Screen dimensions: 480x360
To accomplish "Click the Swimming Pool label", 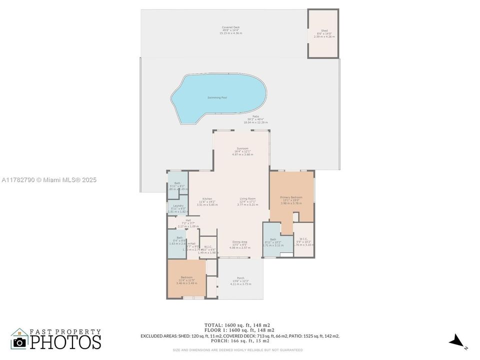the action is (217, 97).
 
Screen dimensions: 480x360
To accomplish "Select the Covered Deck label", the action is (230, 27).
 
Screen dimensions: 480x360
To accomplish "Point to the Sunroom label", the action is (242, 148).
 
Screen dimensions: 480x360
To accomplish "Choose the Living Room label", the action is (247, 199).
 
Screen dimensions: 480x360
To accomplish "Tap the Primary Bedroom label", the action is (291, 197).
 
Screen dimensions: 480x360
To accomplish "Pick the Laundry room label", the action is (177, 205).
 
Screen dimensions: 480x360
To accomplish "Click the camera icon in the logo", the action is (19, 342).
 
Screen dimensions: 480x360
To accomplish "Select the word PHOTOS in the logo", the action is (65, 342).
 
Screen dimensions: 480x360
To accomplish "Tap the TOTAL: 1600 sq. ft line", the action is (239, 325).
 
